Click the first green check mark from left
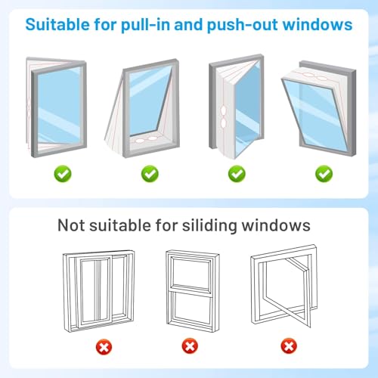[x=63, y=174]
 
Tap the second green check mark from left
[x=150, y=174]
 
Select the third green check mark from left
[x=237, y=174]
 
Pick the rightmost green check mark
[x=324, y=174]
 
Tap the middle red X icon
[x=189, y=347]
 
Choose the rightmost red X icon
[x=288, y=347]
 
